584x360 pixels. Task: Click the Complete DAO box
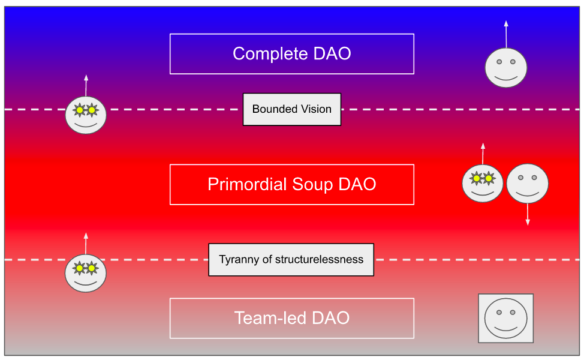[x=291, y=54]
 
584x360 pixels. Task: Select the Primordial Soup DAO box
[x=291, y=184]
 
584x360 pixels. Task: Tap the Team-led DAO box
[x=291, y=318]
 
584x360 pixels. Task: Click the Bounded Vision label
[x=291, y=109]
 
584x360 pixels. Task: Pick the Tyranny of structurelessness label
[x=291, y=260]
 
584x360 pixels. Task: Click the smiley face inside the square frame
[x=505, y=318]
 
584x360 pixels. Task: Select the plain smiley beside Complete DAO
[x=505, y=67]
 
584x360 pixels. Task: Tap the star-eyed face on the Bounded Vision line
[x=86, y=115]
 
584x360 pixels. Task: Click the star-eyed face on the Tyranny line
[x=86, y=272]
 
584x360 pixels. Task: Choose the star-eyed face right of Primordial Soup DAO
[x=483, y=183]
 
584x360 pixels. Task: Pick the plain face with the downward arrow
[x=528, y=183]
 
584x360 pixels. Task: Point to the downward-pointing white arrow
[x=528, y=214]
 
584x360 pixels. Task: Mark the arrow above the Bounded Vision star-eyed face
[x=86, y=85]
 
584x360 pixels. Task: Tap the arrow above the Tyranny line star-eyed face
[x=86, y=244]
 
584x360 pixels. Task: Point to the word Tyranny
[x=239, y=260]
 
